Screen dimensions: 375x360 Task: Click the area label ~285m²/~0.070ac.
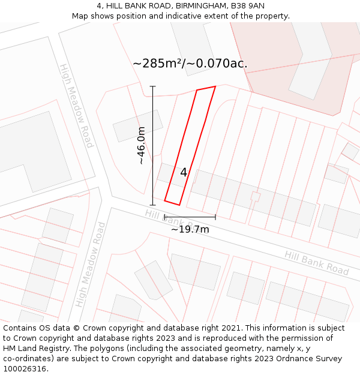[x=190, y=63]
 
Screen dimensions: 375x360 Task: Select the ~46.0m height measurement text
[x=141, y=146]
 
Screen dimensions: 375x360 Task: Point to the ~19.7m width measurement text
[x=190, y=229]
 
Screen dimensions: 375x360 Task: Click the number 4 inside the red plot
[x=184, y=172]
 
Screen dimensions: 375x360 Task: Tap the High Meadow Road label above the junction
[x=76, y=106]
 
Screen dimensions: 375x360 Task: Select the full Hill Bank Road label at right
[x=316, y=263]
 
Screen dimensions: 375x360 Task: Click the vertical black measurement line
[x=153, y=146]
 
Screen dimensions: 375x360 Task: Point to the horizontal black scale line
[x=190, y=217]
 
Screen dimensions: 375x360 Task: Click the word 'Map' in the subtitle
[x=80, y=16]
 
